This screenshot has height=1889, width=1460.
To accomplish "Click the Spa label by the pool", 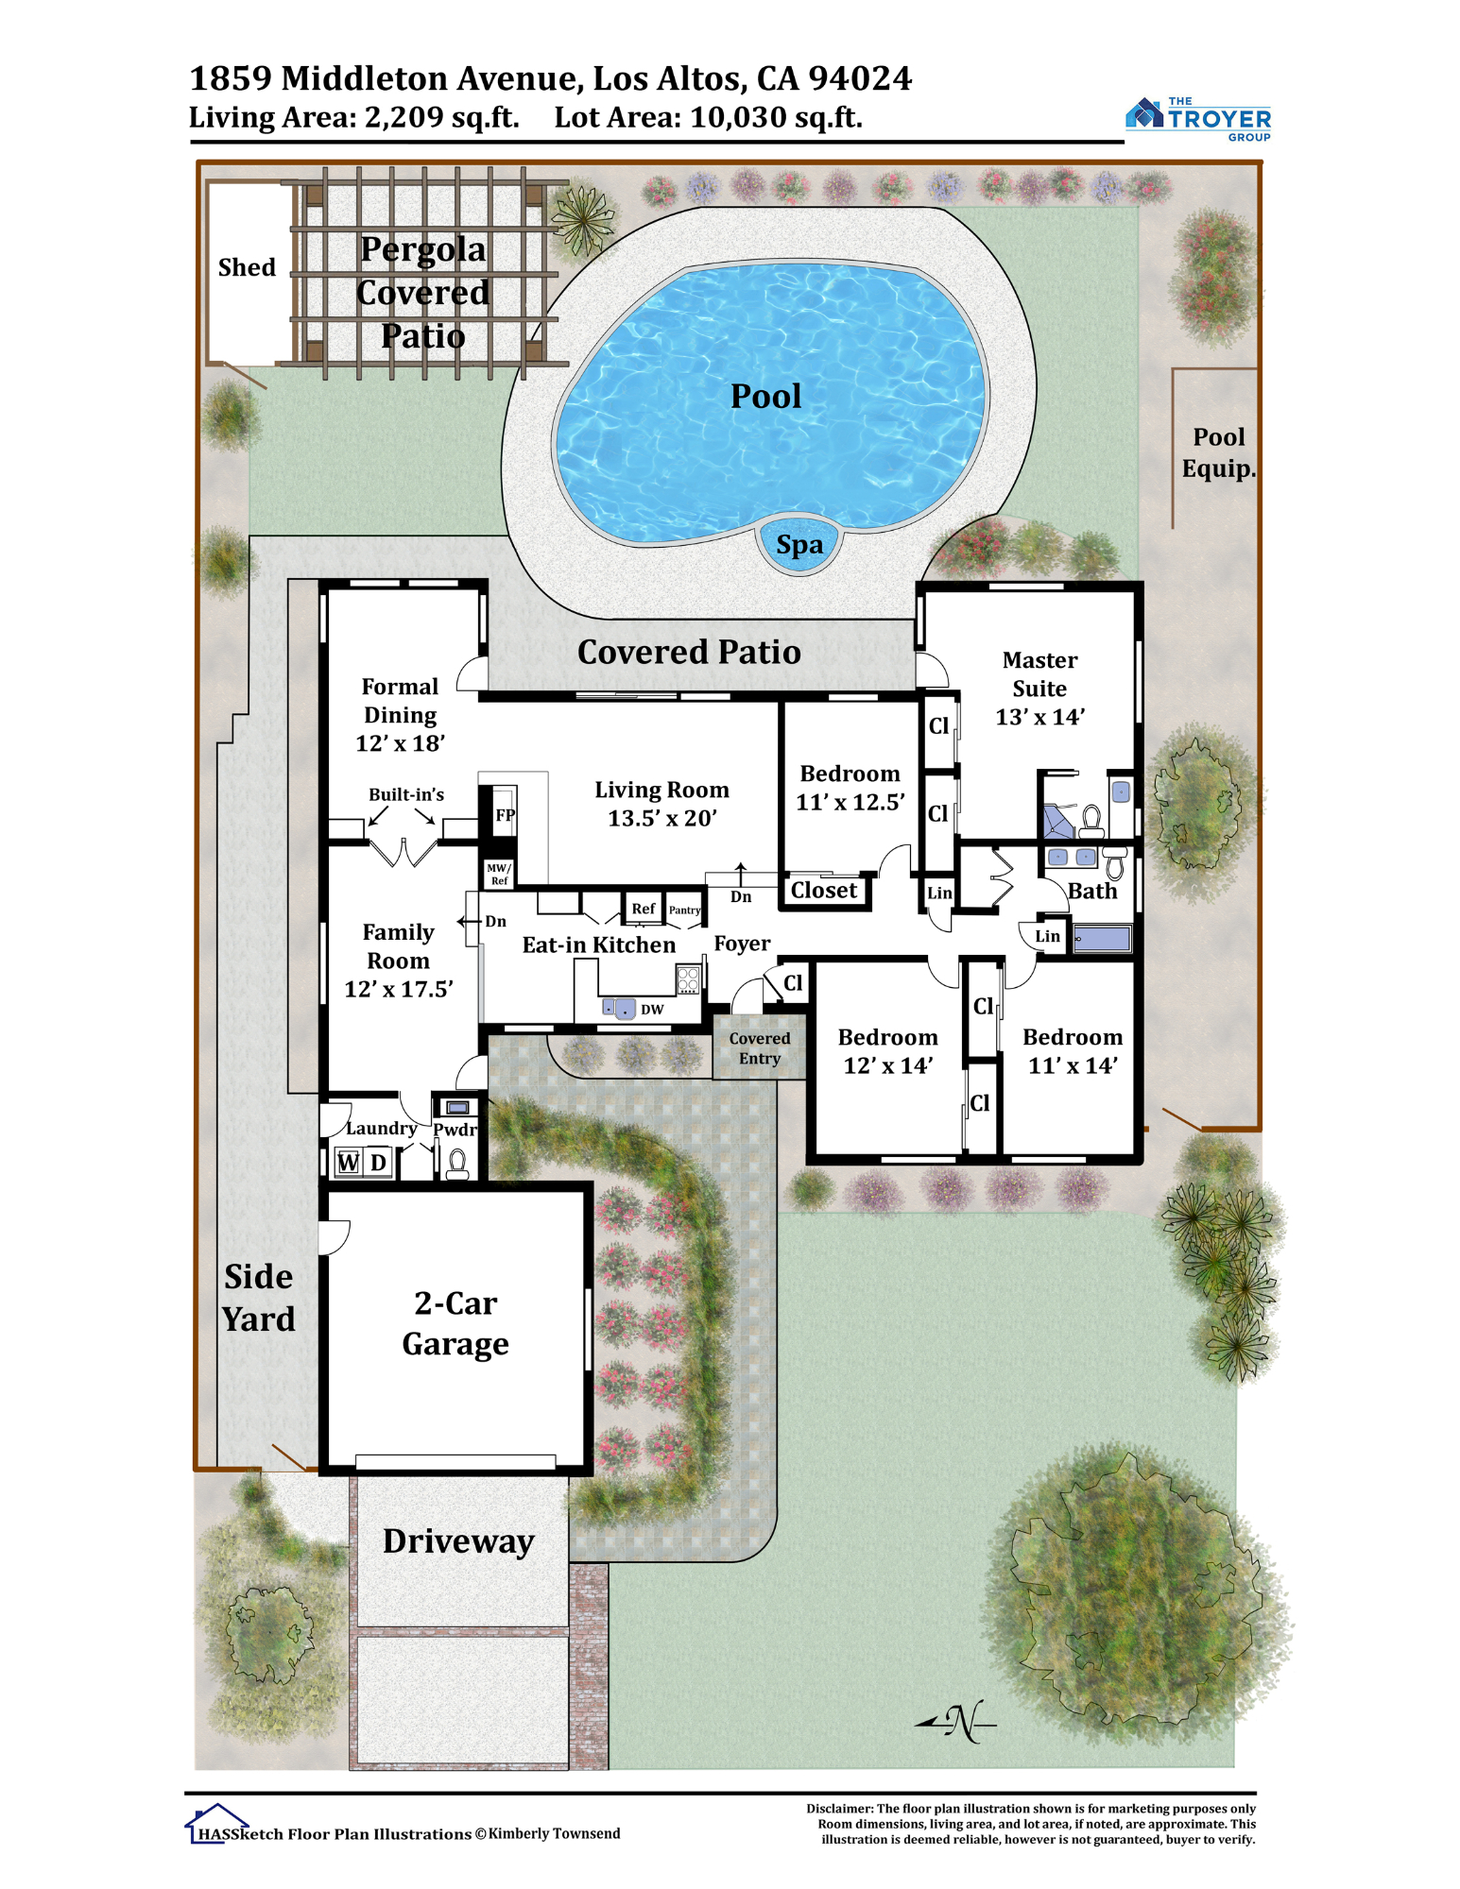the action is click(x=799, y=545).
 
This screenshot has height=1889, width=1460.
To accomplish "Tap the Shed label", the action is click(x=247, y=267).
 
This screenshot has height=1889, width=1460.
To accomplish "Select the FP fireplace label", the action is click(x=506, y=814).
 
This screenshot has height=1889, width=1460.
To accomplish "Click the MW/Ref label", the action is click(x=498, y=874).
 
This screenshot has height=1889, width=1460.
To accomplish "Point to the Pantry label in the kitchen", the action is click(x=685, y=910).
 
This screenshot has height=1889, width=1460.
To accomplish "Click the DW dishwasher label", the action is click(x=652, y=1010).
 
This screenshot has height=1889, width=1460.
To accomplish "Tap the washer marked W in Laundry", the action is click(x=349, y=1163).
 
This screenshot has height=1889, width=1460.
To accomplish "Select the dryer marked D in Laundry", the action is click(x=378, y=1163).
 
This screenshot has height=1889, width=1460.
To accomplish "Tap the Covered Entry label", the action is click(x=760, y=1048).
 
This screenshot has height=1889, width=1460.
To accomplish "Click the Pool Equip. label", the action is click(x=1219, y=452).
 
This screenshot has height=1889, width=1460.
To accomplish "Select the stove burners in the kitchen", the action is click(x=688, y=979).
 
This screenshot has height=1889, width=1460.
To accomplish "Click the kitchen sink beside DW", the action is click(x=620, y=1009).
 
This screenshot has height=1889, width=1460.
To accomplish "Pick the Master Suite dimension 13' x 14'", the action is click(x=1039, y=717).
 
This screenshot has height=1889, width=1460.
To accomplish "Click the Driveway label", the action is click(x=458, y=1541).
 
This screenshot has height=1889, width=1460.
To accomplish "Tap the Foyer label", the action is click(x=742, y=944).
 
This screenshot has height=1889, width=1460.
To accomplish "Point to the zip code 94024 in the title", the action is click(x=860, y=78).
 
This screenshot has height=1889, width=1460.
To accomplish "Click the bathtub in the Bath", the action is click(x=1102, y=939).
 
